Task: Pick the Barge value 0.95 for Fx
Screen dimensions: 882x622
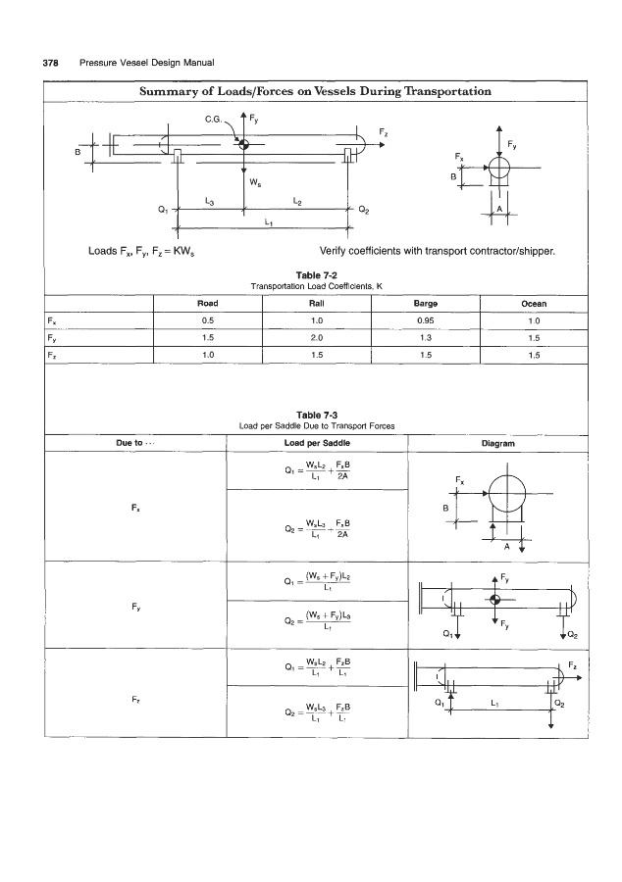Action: click(425, 320)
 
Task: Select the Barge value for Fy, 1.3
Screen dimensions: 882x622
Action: click(425, 337)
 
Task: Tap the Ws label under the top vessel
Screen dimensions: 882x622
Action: click(254, 181)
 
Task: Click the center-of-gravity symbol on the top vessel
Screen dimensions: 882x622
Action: click(244, 145)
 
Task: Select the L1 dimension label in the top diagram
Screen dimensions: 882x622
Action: click(269, 221)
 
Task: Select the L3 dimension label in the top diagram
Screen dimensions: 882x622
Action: click(209, 200)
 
